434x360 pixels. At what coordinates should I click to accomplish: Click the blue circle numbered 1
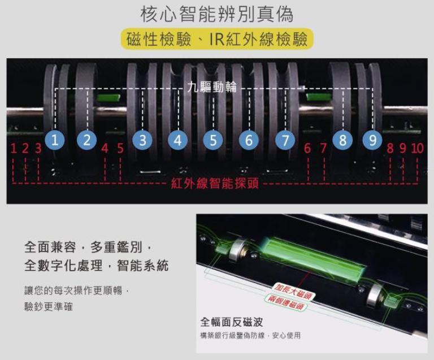pos(55,140)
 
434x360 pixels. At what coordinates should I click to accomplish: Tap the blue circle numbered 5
pos(213,140)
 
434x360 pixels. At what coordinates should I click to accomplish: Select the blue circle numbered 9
pos(372,140)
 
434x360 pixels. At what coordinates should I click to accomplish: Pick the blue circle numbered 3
pos(142,140)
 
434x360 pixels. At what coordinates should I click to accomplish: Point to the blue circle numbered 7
pos(285,140)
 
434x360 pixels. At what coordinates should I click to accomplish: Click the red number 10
pos(418,148)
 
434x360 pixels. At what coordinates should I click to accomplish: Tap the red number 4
pos(105,148)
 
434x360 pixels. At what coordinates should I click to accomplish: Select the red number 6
pos(307,148)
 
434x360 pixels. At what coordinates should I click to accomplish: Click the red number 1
pos(14,148)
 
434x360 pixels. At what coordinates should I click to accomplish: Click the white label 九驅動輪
pos(212,87)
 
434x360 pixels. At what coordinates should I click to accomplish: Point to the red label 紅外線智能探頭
pos(215,183)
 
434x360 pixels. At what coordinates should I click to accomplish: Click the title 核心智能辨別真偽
pos(217,14)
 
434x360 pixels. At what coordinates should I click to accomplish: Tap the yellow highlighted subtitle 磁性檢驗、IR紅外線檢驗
pos(217,39)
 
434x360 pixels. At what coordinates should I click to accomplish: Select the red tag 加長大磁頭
pos(293,292)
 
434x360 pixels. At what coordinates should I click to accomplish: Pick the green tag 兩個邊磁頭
pos(285,302)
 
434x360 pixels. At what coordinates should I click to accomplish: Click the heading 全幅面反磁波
pos(231,322)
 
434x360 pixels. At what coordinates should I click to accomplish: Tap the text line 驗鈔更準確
pos(49,306)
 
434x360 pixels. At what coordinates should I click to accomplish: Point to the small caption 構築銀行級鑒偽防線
pos(232,336)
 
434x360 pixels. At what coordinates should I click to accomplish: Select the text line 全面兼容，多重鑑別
pos(88,247)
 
